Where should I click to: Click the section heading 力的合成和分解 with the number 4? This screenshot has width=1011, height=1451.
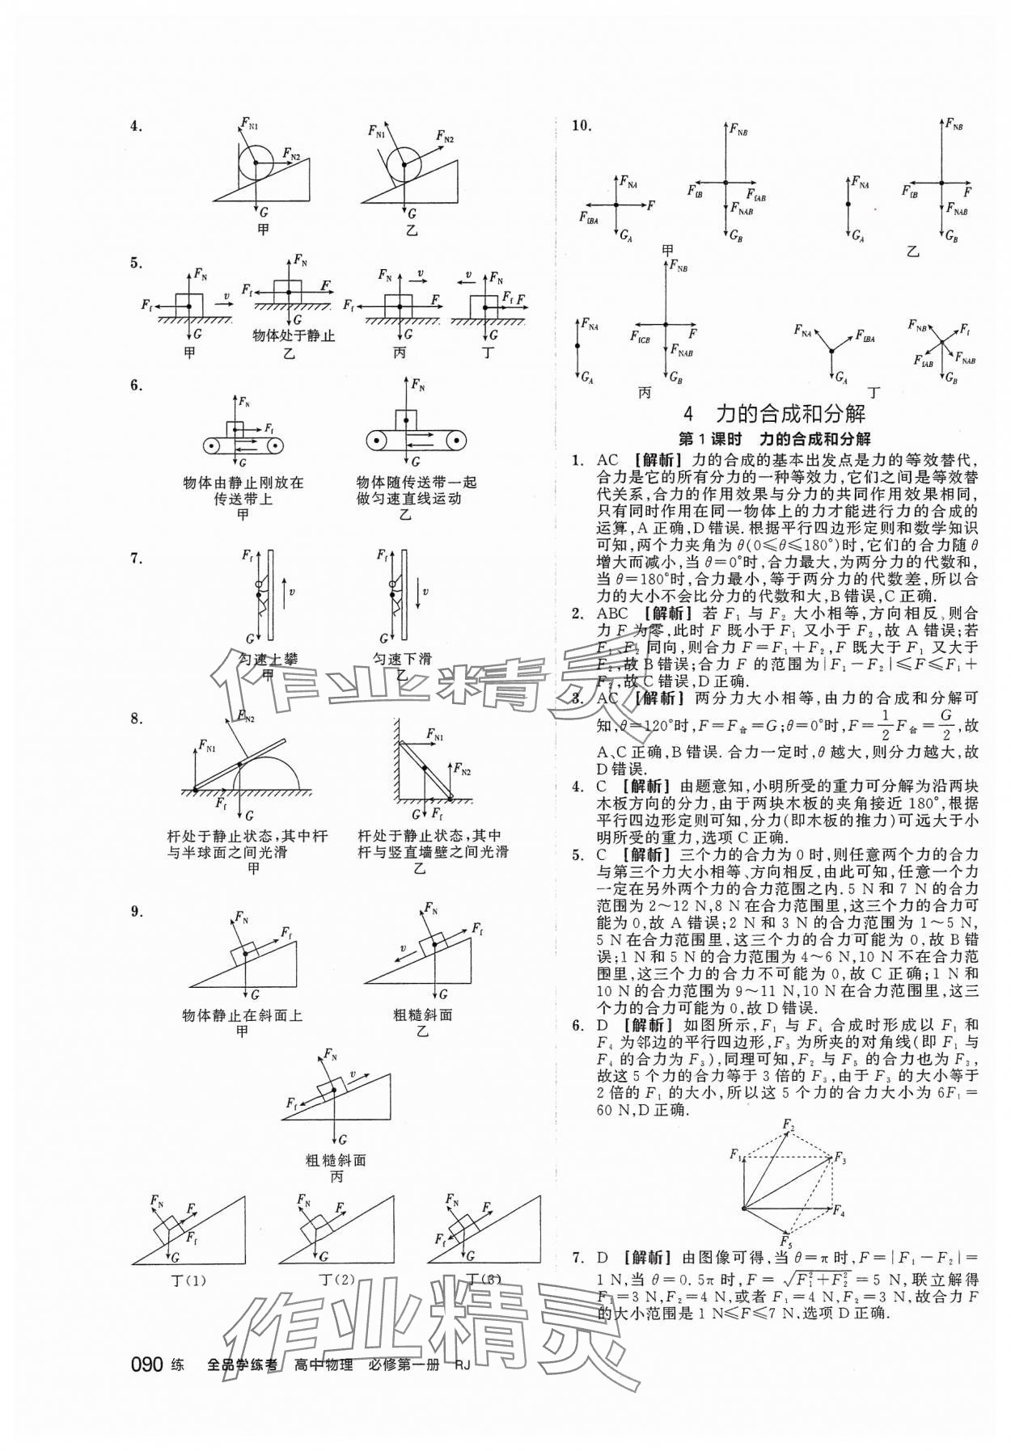pyautogui.click(x=774, y=415)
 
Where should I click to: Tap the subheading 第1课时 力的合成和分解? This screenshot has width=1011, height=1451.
pyautogui.click(x=774, y=439)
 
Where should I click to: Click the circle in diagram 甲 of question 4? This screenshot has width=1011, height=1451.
pyautogui.click(x=256, y=162)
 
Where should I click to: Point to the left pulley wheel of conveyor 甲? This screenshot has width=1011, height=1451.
pyautogui.click(x=213, y=444)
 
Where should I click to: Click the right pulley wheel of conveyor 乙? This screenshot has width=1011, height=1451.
pyautogui.click(x=457, y=441)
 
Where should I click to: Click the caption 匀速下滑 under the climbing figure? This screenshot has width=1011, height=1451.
pyautogui.click(x=402, y=659)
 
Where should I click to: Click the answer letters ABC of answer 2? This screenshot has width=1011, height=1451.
pyautogui.click(x=612, y=614)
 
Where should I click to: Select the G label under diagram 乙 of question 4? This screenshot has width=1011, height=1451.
pyautogui.click(x=412, y=214)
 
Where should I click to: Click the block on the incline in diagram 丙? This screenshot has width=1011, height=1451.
pyautogui.click(x=330, y=1090)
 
